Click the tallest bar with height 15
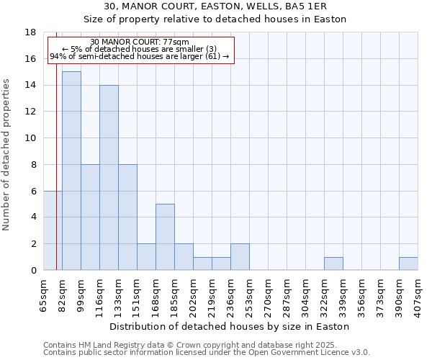(x=71, y=171)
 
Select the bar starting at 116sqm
(x=109, y=177)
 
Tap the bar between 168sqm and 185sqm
(x=165, y=237)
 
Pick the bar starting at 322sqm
(x=333, y=264)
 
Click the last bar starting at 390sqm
(x=408, y=264)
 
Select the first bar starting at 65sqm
(x=53, y=230)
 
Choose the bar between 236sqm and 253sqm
(x=240, y=256)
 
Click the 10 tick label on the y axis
(x=31, y=138)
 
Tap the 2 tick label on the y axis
(x=33, y=244)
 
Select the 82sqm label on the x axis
(x=62, y=292)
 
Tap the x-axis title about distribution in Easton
(x=230, y=326)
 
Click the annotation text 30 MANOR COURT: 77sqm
(x=140, y=42)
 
